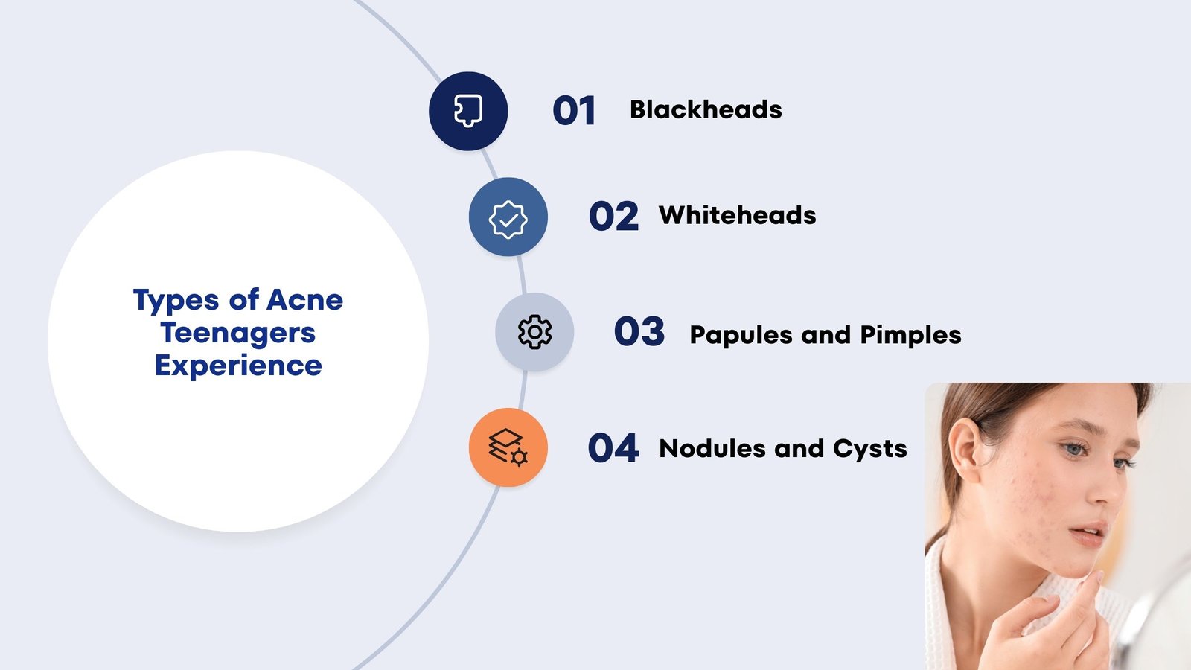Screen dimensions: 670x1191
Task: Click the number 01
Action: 574,111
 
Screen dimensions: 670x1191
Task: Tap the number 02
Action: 613,217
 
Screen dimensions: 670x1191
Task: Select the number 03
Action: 639,332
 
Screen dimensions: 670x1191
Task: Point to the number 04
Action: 613,448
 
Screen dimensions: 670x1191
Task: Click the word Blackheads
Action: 706,110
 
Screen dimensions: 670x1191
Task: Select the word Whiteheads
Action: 737,216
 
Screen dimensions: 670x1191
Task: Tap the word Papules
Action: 741,336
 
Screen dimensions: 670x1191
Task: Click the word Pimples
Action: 910,336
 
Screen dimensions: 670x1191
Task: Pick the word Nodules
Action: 712,449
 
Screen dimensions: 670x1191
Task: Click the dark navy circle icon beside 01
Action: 468,111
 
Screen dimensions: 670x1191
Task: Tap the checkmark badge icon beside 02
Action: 508,217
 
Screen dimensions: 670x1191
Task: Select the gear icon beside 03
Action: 534,332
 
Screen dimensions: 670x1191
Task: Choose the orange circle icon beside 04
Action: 508,447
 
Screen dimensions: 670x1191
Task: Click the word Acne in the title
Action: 304,300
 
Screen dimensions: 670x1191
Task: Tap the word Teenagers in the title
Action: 238,333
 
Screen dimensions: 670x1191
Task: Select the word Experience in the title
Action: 238,366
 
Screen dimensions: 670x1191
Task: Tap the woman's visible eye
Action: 1074,449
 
